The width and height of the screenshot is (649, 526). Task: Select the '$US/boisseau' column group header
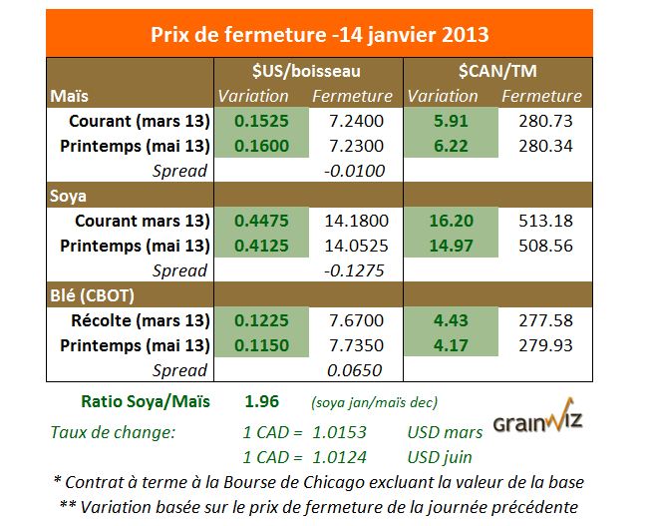pos(306,71)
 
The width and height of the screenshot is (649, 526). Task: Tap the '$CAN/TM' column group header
pos(496,71)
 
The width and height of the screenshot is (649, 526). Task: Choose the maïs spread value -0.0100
pos(355,171)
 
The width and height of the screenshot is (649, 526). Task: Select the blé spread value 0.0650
pos(355,370)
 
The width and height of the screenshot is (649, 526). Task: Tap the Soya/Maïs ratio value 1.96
pos(261,403)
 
